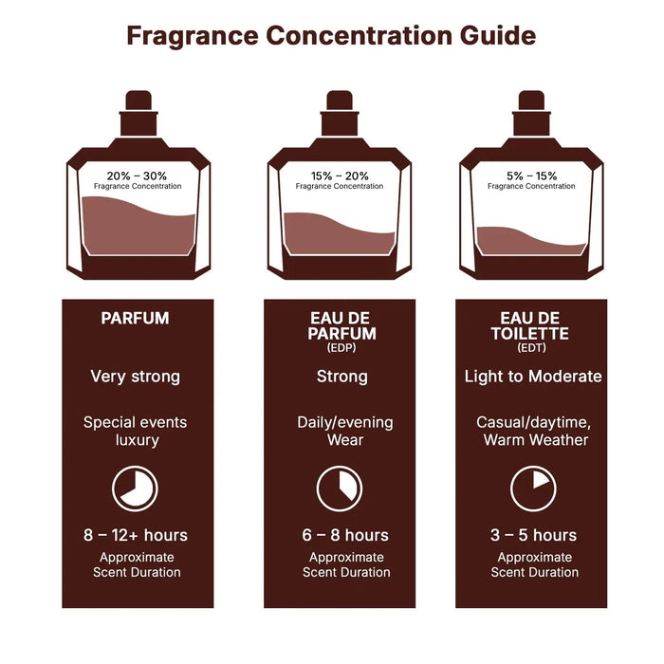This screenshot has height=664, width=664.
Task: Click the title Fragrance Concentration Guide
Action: (331, 36)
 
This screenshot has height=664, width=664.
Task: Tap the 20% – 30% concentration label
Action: (138, 175)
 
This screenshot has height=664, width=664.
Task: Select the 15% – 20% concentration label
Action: (339, 175)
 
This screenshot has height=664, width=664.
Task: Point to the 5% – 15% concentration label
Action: (531, 175)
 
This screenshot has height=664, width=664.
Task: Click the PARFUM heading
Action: (135, 319)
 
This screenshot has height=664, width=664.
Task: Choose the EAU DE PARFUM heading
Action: (342, 325)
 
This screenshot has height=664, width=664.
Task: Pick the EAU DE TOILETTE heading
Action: (532, 325)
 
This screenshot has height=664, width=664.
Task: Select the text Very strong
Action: (135, 377)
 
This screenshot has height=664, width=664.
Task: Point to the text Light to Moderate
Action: (532, 377)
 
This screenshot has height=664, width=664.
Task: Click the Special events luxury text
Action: (135, 432)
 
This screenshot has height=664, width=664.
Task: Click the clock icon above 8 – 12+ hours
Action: (135, 489)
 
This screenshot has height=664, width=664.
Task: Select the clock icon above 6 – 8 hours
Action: (340, 489)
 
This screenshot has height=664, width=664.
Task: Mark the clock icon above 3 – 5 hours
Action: (533, 489)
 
